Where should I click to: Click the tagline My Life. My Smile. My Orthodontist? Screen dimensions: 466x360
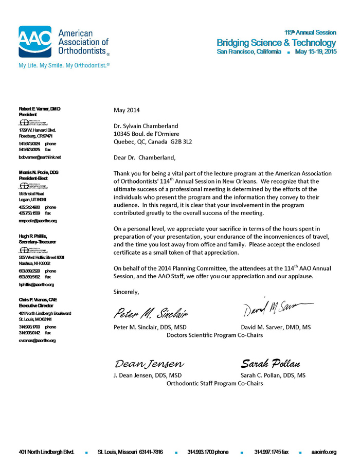(x=64, y=66)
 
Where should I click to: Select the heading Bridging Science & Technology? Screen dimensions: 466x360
(x=276, y=43)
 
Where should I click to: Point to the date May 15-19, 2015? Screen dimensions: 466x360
(x=316, y=52)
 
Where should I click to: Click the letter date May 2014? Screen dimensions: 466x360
(x=126, y=110)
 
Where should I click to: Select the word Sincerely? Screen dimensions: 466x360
(x=126, y=292)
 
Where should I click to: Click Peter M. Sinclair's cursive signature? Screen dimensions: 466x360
(x=150, y=312)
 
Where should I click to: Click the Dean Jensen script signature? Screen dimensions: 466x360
(x=149, y=364)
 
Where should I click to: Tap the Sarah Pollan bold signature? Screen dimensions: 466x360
(x=270, y=364)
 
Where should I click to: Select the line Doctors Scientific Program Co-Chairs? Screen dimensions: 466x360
(x=215, y=335)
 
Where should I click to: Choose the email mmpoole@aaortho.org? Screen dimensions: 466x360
(x=38, y=221)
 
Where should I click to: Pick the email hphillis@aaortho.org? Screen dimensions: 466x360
(x=36, y=284)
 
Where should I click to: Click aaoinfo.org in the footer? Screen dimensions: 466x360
(x=323, y=452)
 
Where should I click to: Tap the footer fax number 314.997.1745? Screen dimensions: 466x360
(x=271, y=452)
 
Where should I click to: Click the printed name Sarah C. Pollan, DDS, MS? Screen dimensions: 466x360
(x=273, y=375)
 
